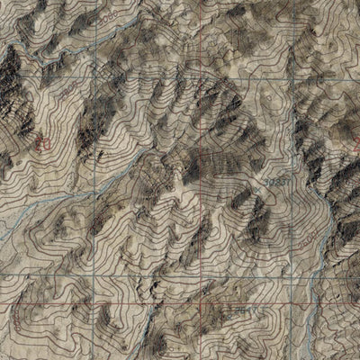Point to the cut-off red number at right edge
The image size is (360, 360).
pyautogui.click(x=356, y=142)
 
